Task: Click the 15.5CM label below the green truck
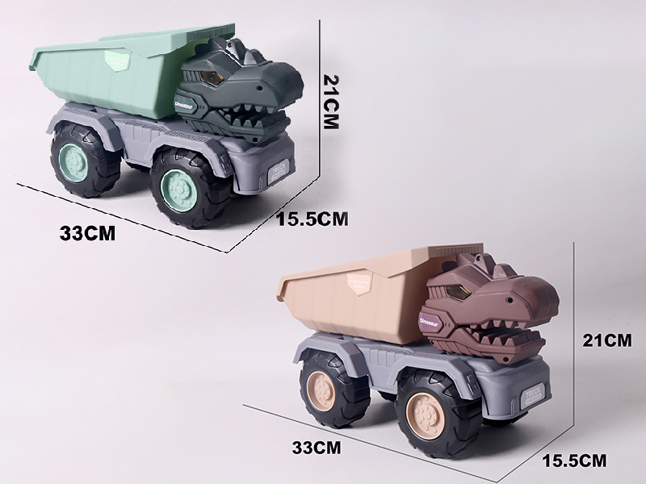click(312, 217)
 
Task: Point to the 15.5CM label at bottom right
click(573, 461)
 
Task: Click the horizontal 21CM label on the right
click(606, 341)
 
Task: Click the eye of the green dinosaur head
click(214, 77)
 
